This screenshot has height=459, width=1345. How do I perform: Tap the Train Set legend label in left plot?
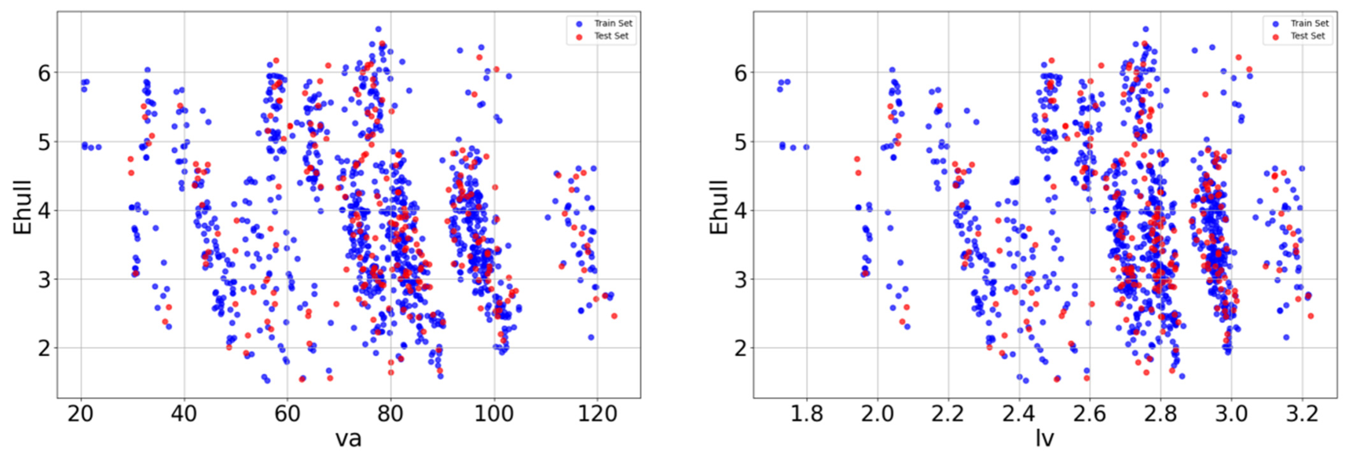click(x=613, y=24)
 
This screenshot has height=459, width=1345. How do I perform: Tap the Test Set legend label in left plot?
click(x=611, y=36)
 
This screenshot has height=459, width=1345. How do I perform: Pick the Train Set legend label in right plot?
click(x=1309, y=24)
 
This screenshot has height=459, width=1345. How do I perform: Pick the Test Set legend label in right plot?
click(x=1308, y=36)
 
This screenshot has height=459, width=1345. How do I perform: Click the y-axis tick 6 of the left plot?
click(x=44, y=72)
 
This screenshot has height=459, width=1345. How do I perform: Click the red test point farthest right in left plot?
click(x=614, y=316)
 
